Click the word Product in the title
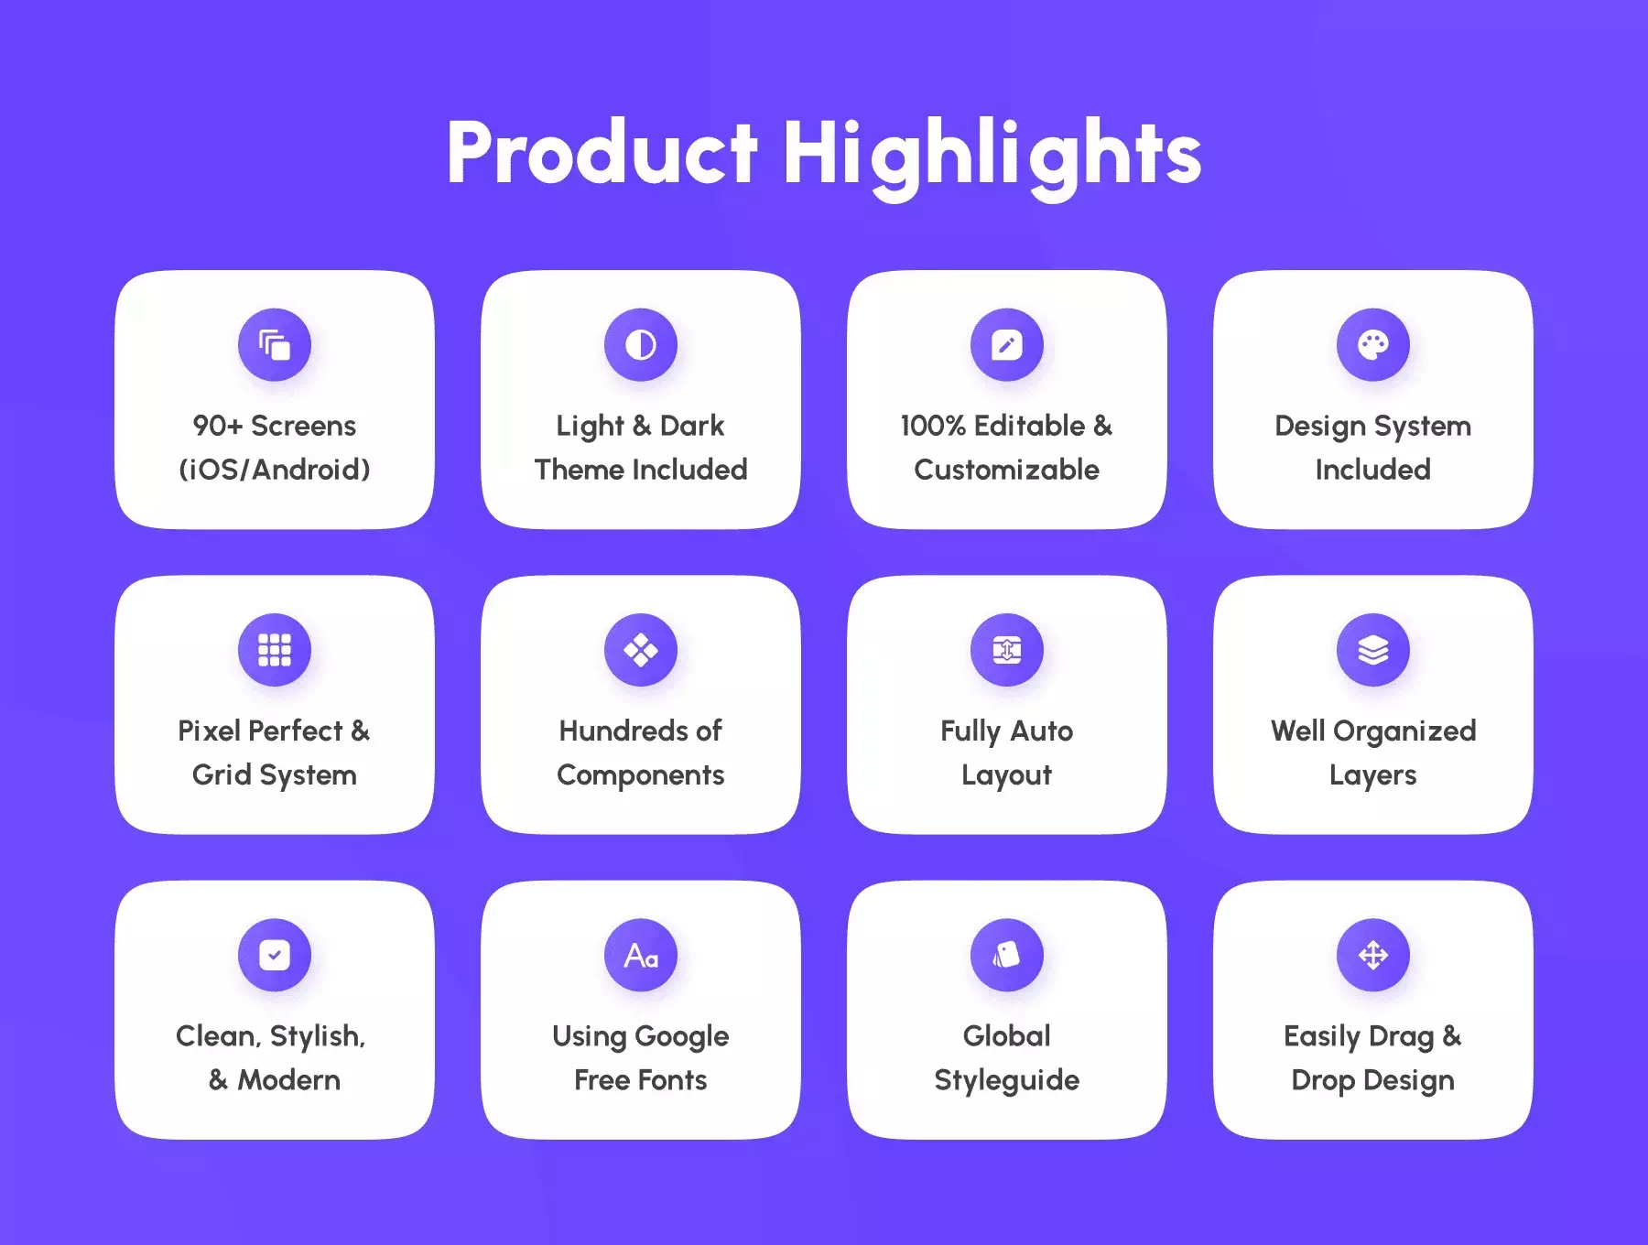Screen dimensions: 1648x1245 (602, 153)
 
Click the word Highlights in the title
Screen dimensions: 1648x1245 (992, 157)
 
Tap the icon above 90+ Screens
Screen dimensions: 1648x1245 (275, 345)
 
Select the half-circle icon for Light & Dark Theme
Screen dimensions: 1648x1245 (641, 345)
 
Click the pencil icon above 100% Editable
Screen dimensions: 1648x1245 (1007, 345)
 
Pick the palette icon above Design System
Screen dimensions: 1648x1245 (1373, 345)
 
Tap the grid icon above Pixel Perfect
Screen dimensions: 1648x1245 (275, 650)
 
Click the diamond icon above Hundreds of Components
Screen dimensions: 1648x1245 (641, 650)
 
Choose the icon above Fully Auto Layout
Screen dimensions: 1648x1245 (1007, 650)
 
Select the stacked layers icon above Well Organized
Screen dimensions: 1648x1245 (1373, 650)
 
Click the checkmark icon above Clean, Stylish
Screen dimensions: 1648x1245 (275, 955)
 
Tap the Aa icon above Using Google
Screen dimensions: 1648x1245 (641, 955)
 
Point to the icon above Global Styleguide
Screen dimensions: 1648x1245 (1007, 955)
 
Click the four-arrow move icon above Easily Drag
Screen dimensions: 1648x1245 (1373, 955)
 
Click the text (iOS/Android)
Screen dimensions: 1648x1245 (275, 470)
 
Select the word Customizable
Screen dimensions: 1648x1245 (1007, 470)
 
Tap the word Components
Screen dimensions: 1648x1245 (641, 775)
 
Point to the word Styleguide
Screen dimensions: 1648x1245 (1007, 1081)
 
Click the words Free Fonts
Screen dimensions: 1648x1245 (641, 1080)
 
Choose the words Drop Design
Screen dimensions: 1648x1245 (1373, 1081)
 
